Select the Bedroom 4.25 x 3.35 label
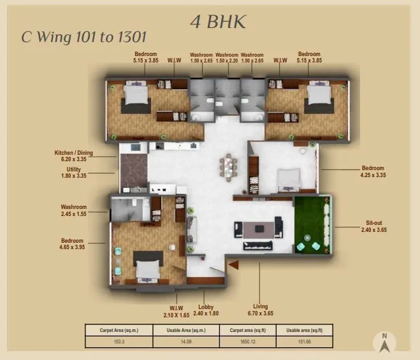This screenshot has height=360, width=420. click(373, 171)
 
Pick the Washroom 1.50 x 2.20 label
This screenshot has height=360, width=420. click(227, 58)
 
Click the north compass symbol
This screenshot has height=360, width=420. click(384, 343)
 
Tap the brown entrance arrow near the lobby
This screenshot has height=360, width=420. click(233, 263)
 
